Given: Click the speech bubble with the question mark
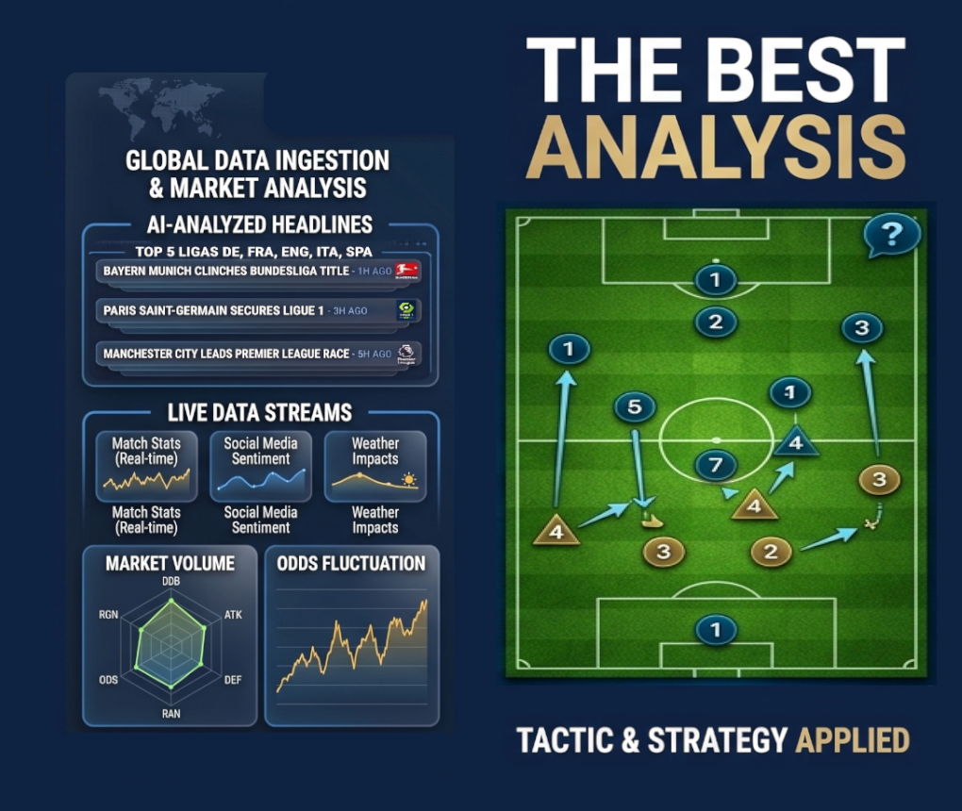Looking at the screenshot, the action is [892, 235].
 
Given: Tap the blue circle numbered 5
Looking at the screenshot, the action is [635, 406].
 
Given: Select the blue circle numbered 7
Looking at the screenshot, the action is [715, 465].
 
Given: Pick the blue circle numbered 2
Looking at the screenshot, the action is [715, 322].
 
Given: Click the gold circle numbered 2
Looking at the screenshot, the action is [771, 552].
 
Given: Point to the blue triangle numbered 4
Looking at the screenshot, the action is [796, 441].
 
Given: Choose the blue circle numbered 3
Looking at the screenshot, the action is [862, 327].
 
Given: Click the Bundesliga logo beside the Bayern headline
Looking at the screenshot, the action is [406, 271].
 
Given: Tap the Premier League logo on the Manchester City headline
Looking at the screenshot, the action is [406, 354].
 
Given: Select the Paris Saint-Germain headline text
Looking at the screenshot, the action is [213, 310].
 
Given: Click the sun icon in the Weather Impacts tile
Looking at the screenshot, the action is [408, 479].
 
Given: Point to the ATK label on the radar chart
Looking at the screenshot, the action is [233, 615].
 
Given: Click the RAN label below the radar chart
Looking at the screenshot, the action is [171, 714].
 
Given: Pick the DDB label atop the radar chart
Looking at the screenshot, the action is [171, 581].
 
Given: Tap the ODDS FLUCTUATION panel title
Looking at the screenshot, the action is [351, 564].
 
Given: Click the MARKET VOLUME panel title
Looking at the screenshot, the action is [170, 564].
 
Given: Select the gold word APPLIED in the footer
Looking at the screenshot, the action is [853, 740].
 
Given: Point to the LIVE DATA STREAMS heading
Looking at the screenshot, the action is [259, 413].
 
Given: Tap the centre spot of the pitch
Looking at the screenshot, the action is [716, 439].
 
